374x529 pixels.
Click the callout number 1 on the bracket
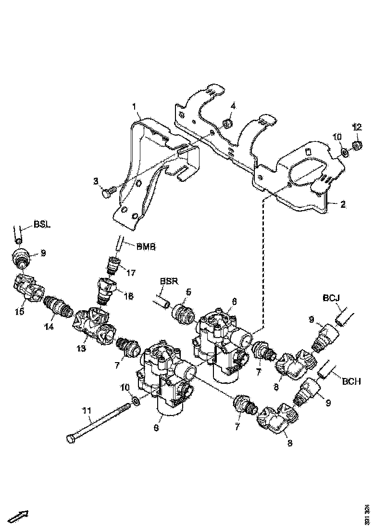tap(135, 105)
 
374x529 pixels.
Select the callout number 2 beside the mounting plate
tap(343, 204)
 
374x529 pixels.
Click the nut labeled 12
tap(357, 144)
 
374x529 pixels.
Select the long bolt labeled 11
tap(96, 423)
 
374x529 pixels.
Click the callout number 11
tap(87, 411)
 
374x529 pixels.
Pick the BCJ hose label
tap(331, 298)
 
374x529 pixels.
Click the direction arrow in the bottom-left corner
tap(18, 516)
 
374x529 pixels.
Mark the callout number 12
tap(357, 127)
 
